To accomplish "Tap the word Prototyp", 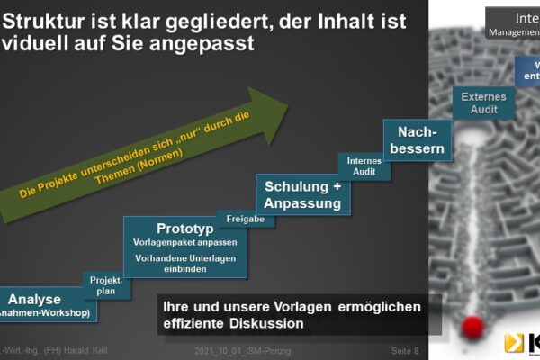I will pos(186,228).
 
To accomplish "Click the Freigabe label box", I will pos(246,219).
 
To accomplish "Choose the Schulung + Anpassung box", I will pos(302,194).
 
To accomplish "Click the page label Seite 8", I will pos(406,349).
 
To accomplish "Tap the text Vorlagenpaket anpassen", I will pos(186,242).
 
